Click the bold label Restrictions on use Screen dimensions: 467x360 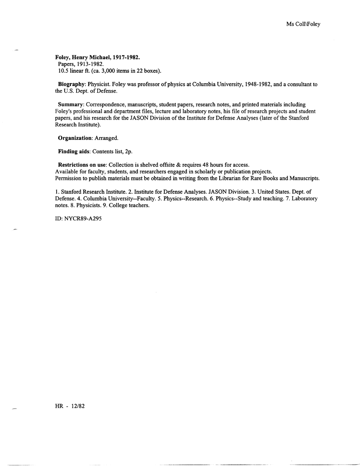point(83,165)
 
